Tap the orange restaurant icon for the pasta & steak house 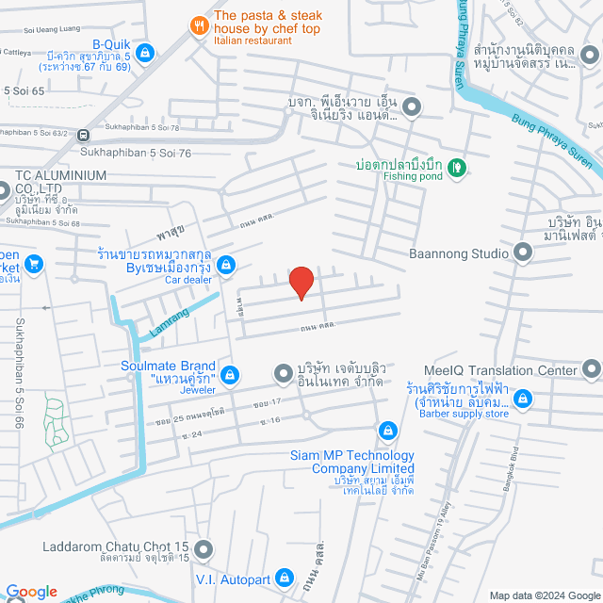point(199,26)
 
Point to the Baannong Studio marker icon point(523,253)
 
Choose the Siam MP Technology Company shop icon point(385,432)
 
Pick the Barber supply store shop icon point(524,400)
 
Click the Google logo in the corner point(30,592)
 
